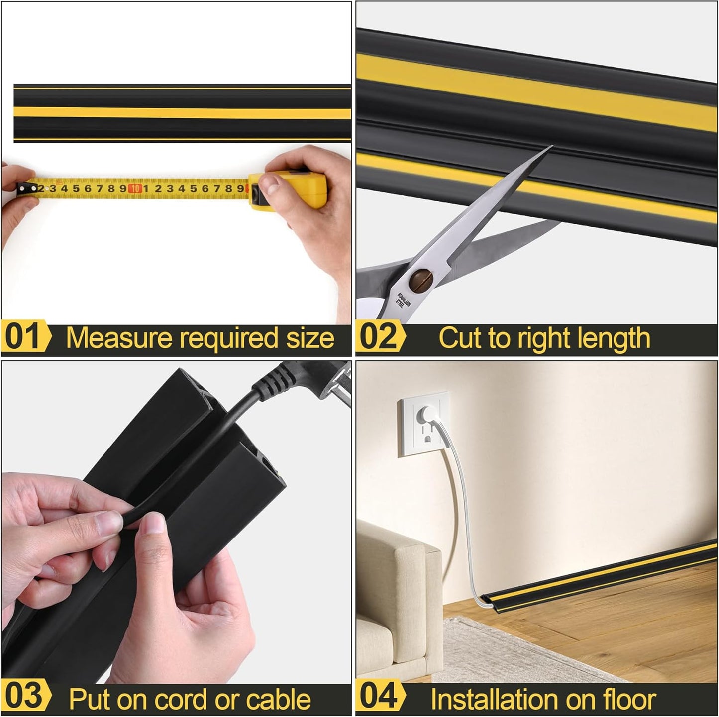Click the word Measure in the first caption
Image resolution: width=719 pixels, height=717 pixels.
pyautogui.click(x=118, y=338)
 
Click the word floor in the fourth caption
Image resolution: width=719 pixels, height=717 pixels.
pyautogui.click(x=629, y=699)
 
